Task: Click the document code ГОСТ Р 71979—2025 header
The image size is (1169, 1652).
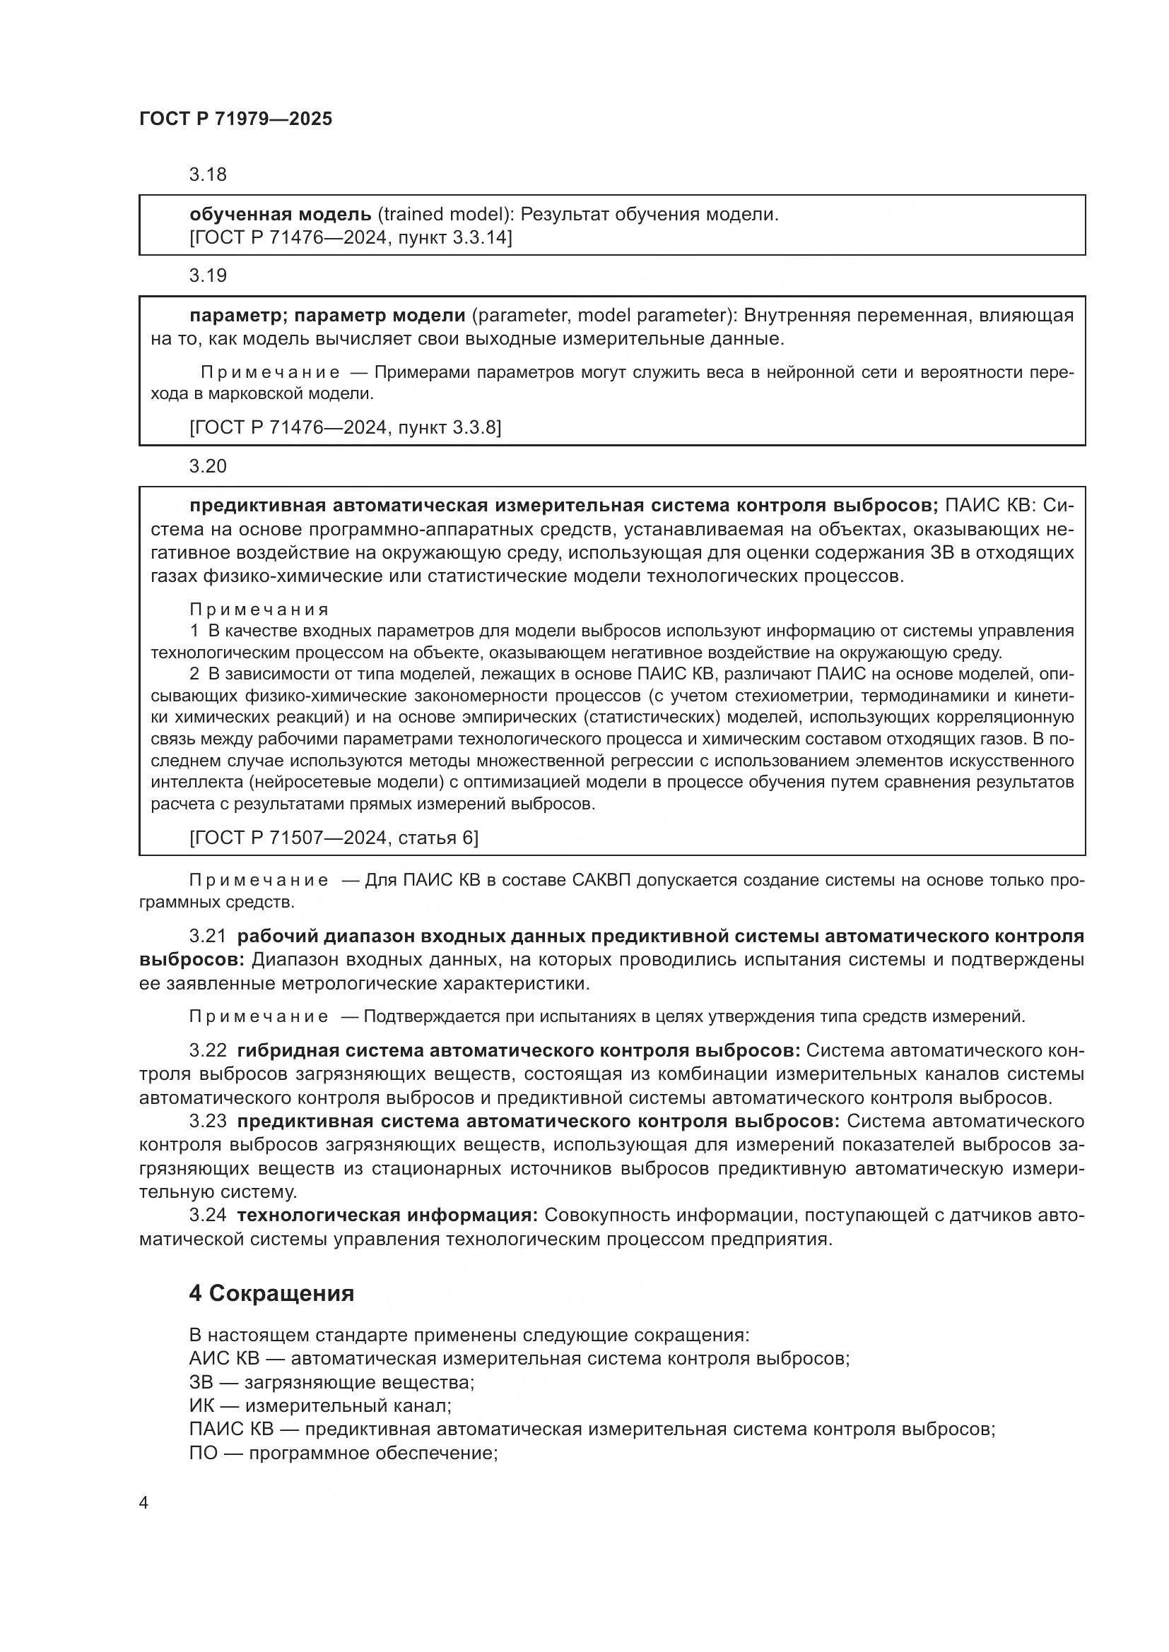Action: [x=235, y=119]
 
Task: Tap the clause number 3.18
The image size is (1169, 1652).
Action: [x=207, y=175]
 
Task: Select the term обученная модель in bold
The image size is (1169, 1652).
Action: [x=280, y=215]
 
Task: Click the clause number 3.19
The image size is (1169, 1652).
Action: [x=207, y=275]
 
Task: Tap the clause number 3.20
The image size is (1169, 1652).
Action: [x=207, y=466]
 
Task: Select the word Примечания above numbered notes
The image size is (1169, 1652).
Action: [x=259, y=610]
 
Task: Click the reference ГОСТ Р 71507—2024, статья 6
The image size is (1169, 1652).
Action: [x=334, y=838]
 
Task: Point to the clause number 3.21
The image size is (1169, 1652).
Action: [x=207, y=936]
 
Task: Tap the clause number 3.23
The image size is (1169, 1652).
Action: [x=207, y=1121]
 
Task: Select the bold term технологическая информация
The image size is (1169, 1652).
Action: [x=387, y=1216]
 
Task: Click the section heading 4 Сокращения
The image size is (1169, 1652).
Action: [x=271, y=1293]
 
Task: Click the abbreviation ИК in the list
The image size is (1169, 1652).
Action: [x=202, y=1406]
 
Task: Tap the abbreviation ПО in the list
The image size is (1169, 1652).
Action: [x=204, y=1453]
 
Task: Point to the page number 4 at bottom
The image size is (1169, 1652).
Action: [x=143, y=1503]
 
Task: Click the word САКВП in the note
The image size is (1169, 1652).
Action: [x=601, y=881]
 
